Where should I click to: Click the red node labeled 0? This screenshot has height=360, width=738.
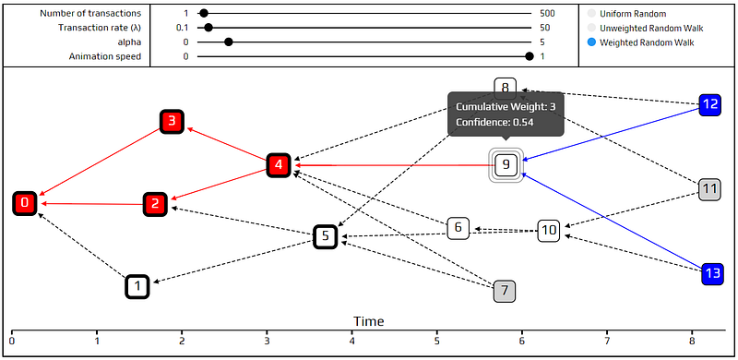pos(26,203)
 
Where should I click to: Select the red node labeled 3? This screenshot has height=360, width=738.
pos(172,121)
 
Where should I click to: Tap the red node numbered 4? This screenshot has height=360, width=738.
pos(279,165)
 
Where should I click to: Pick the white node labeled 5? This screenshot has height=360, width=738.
pos(326,236)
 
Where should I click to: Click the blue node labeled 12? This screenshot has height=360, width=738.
pos(710,104)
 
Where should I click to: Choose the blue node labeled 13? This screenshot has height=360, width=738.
pos(713,274)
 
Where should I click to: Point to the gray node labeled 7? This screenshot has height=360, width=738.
pos(505,291)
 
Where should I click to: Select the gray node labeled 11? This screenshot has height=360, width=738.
pos(709,189)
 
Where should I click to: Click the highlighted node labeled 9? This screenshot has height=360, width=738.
pos(506,164)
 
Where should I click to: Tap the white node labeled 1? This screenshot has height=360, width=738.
pos(137,286)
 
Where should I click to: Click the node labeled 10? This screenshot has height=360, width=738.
pos(549,231)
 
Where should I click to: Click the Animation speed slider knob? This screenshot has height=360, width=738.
pos(530,56)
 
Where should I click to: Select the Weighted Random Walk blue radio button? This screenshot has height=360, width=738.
pos(591,42)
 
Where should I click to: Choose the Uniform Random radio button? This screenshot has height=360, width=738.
pos(591,14)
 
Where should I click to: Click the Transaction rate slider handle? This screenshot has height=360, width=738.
pos(208,28)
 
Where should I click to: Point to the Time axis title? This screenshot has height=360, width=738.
pos(368,321)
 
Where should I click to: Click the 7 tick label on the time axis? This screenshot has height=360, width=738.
pos(607,340)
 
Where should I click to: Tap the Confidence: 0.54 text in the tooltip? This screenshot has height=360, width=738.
pos(494,123)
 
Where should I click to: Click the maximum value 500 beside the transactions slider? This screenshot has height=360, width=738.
pos(547,14)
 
